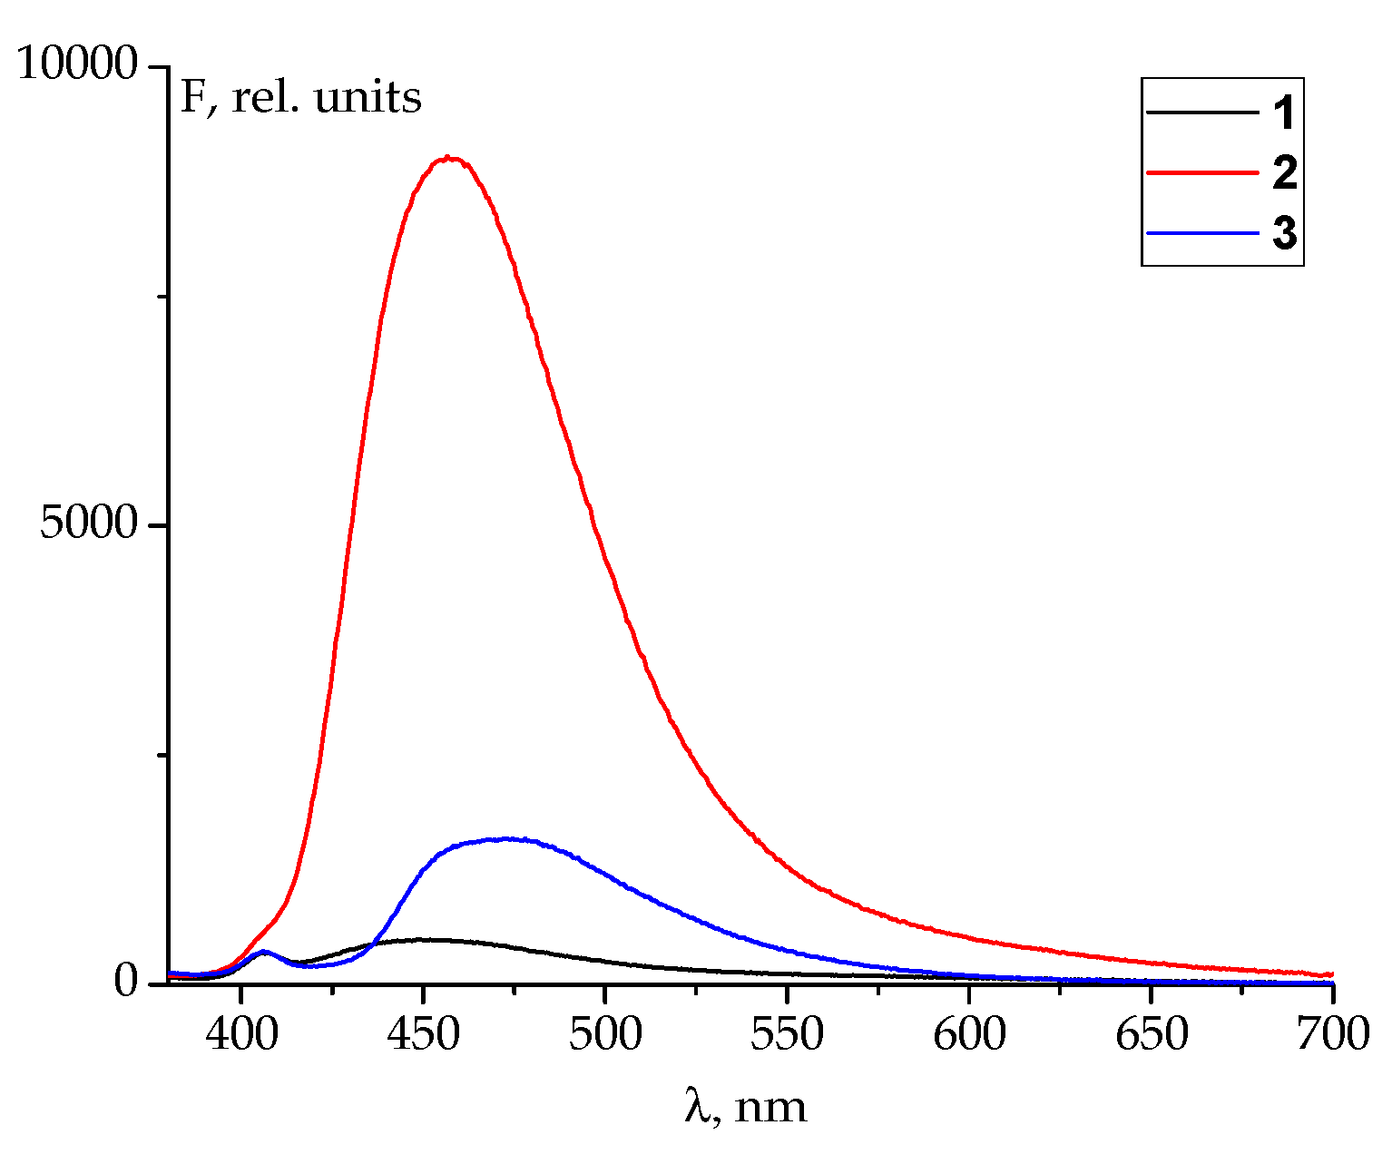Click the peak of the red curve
point(448,158)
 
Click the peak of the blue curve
point(505,838)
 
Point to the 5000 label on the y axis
point(88,524)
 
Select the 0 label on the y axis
point(125,983)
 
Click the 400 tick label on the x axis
point(241,1034)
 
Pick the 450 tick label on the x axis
point(423,1034)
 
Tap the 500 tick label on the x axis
point(605,1034)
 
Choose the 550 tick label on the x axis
point(787,1034)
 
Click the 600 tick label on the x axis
point(969,1034)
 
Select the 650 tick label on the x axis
point(1151,1034)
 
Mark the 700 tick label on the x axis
point(1331,1034)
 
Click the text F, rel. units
point(301,97)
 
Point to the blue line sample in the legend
point(1202,233)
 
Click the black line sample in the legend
point(1202,112)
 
